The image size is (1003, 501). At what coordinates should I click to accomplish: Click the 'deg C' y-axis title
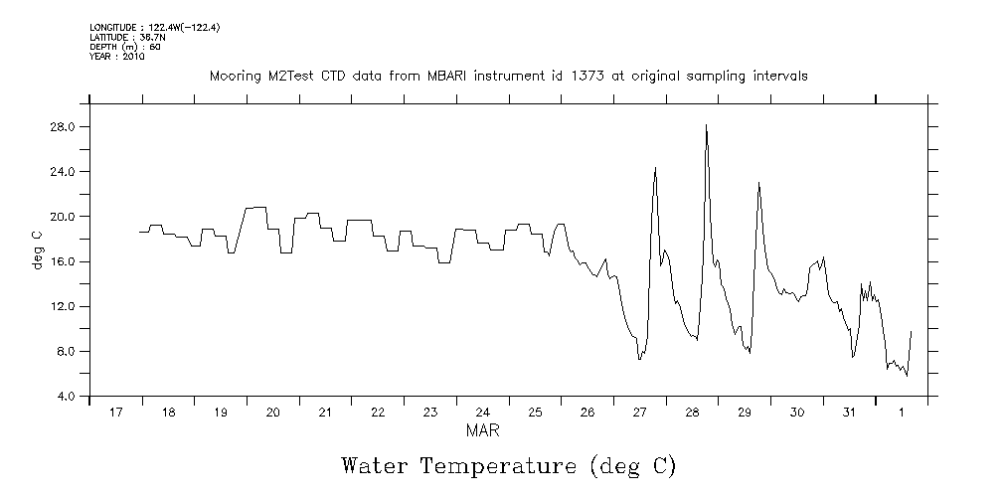click(38, 250)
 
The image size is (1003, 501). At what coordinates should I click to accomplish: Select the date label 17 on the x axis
click(116, 413)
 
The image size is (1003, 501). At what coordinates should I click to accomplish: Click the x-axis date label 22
click(378, 413)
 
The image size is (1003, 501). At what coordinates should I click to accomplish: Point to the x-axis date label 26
click(586, 413)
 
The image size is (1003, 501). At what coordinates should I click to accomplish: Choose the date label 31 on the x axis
click(848, 413)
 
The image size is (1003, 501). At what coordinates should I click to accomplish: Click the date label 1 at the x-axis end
click(902, 413)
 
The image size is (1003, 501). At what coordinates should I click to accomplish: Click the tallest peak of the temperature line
click(706, 125)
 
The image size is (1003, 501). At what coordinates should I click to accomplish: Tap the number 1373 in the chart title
click(596, 76)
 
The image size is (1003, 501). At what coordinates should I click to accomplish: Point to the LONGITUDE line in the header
click(153, 27)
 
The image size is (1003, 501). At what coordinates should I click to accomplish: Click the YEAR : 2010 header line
click(117, 57)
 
